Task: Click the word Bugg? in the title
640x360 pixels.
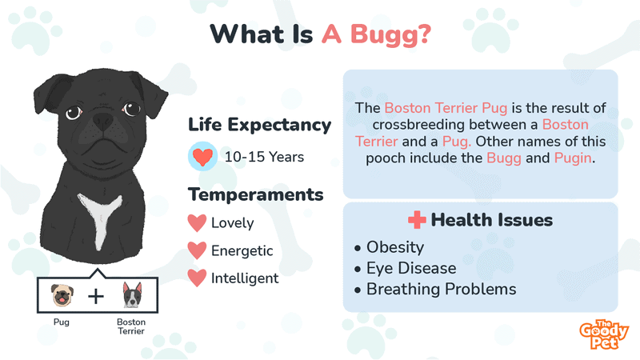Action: pyautogui.click(x=390, y=35)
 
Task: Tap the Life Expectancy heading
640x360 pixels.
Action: pyautogui.click(x=259, y=125)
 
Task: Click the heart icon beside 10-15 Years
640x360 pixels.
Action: pyautogui.click(x=202, y=156)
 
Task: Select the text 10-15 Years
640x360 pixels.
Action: pyautogui.click(x=265, y=157)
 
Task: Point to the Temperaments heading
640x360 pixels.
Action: pyautogui.click(x=255, y=194)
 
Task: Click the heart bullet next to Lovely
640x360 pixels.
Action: pyautogui.click(x=197, y=223)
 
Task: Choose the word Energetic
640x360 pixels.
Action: pyautogui.click(x=242, y=251)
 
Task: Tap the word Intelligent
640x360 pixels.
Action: pyautogui.click(x=245, y=278)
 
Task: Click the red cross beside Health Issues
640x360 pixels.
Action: pyautogui.click(x=417, y=220)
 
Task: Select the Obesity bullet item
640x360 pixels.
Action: pyautogui.click(x=390, y=247)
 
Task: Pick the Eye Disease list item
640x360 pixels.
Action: pyautogui.click(x=406, y=268)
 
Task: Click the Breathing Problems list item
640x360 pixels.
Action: pyautogui.click(x=435, y=290)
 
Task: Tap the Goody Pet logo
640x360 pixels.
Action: pyautogui.click(x=604, y=334)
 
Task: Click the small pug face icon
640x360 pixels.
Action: pyautogui.click(x=62, y=295)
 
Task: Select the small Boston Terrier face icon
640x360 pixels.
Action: pyautogui.click(x=132, y=294)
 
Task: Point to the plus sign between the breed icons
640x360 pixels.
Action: pyautogui.click(x=96, y=296)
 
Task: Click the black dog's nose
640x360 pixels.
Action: pyautogui.click(x=102, y=121)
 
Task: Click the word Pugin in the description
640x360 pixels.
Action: pyautogui.click(x=573, y=158)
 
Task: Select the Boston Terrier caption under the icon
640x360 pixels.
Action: pyautogui.click(x=131, y=326)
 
